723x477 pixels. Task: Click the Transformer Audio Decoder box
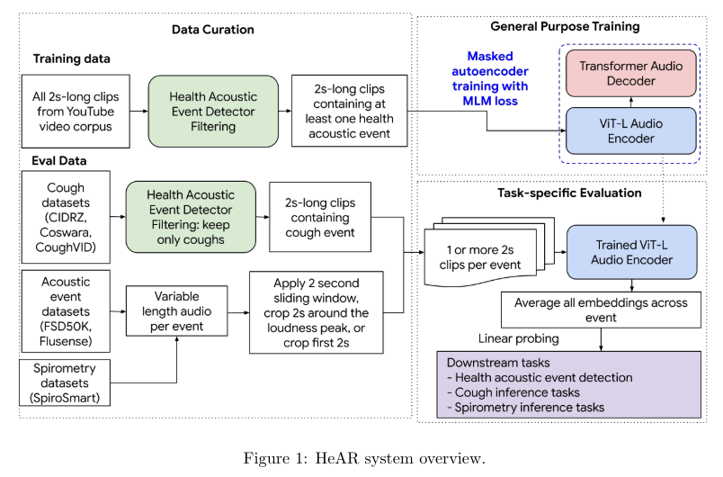[630, 74]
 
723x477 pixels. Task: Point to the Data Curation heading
[213, 30]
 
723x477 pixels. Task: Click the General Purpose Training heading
[565, 27]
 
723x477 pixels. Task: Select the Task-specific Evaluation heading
[565, 193]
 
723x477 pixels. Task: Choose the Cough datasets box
[65, 217]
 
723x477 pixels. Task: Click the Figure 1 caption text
[363, 456]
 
